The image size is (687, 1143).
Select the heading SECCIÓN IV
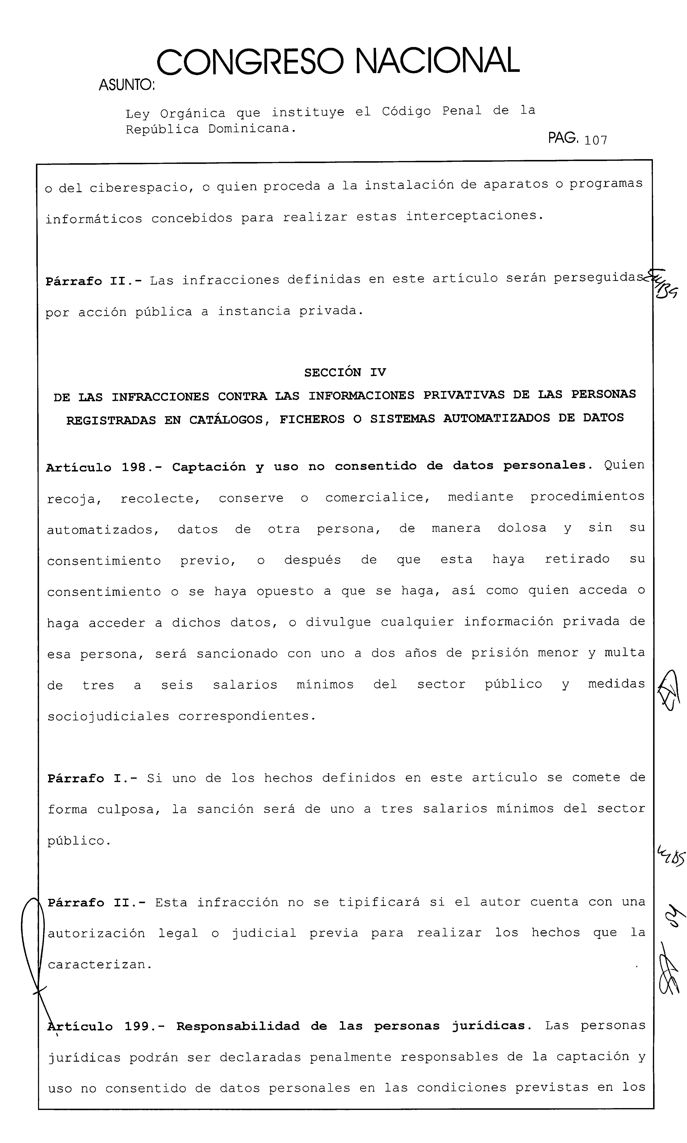345,373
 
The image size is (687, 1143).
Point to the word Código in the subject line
406,112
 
